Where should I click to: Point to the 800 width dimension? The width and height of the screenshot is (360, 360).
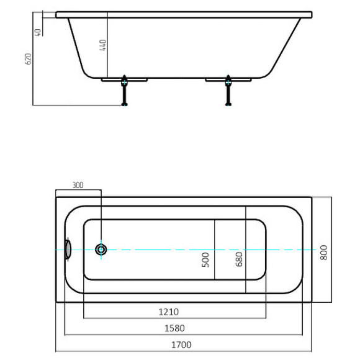(x=323, y=251)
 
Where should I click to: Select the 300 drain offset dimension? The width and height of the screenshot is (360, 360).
(x=78, y=185)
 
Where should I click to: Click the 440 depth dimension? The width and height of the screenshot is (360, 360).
(x=103, y=45)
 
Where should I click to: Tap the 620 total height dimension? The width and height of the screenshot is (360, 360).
(x=27, y=59)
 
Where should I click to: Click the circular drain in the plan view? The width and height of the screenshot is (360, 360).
(x=101, y=250)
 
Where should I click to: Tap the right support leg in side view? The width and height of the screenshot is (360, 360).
(x=228, y=93)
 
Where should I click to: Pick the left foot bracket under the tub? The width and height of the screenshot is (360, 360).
(x=124, y=79)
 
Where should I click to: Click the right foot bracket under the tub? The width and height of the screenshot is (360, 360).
(x=228, y=79)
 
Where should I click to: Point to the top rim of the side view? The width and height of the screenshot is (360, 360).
(x=184, y=14)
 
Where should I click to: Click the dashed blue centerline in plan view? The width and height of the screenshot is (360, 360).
(x=186, y=250)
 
